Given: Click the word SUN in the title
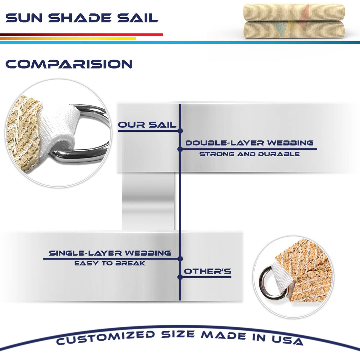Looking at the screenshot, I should coord(24,18).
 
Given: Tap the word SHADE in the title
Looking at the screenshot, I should coord(80,18).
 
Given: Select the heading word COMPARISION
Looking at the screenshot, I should coord(69,64).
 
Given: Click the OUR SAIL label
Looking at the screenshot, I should coord(147,125).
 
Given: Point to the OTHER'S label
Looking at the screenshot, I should coord(208,271).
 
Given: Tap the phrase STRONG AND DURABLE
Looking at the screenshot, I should coord(249,154).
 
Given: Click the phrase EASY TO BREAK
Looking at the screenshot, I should coord(110,263).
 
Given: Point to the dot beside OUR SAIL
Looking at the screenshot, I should coord(180,131).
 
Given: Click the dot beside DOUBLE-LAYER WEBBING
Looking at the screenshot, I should coord(180,149).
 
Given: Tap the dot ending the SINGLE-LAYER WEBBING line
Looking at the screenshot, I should coord(180,259).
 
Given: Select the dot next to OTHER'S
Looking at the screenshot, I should coord(180,277).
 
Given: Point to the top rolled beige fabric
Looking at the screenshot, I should coord(294,12).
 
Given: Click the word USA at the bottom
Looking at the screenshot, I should coord(287,340).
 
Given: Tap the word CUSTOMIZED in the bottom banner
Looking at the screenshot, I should coord(106,337).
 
